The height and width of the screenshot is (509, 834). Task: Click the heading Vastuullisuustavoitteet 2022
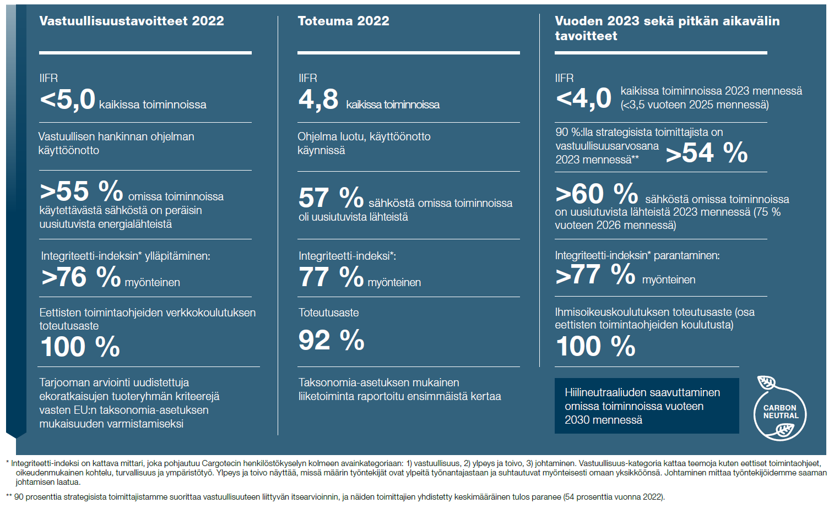point(132,21)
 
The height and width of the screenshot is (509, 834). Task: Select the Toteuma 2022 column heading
point(343,21)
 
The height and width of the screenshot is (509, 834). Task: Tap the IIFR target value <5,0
point(67,100)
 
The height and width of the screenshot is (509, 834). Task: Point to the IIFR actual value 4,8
point(318,100)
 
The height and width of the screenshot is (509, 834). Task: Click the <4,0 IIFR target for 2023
point(583,98)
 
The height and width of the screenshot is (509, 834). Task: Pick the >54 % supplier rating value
point(707,152)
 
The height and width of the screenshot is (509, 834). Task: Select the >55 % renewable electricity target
point(81,191)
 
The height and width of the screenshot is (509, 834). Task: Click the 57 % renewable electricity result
point(331,198)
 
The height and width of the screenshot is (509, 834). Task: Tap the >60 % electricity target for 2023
point(597,193)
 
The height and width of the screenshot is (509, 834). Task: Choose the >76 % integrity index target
point(81,277)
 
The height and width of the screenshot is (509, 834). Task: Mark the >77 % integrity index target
point(595,274)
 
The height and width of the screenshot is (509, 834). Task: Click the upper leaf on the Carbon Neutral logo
point(766,382)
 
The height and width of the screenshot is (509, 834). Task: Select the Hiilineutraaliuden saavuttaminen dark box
point(647,406)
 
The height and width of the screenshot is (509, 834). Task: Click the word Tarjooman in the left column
point(65,382)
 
